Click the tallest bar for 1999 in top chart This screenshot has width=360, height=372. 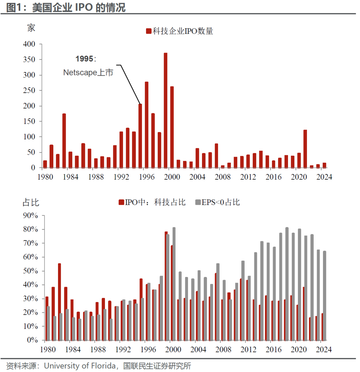coord(165,110)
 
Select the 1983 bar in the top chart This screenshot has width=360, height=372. coord(64,140)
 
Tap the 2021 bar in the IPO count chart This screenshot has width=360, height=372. coord(305,149)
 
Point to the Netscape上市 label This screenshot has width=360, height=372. coord(88,73)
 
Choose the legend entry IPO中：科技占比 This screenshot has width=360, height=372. coord(152,202)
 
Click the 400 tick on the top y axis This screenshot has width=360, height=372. coord(29,44)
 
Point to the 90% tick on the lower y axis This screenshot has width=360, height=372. coord(30,216)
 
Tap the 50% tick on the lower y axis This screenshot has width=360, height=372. coord(30,271)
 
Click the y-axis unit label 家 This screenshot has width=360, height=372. coord(31,28)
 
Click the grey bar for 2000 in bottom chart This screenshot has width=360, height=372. coord(174,284)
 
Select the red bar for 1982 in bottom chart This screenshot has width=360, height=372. coord(59,302)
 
